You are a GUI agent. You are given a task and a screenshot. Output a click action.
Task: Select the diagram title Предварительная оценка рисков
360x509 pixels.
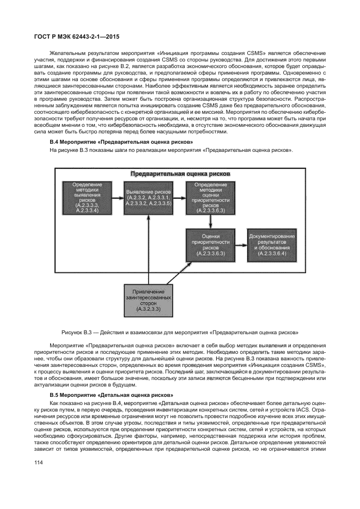click(180, 174)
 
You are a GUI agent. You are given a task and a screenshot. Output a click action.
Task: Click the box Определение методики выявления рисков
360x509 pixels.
click(87, 198)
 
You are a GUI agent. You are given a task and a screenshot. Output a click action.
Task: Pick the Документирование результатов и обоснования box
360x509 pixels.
click(272, 246)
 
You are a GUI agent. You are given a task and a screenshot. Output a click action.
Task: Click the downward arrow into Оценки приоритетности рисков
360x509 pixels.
click(206, 222)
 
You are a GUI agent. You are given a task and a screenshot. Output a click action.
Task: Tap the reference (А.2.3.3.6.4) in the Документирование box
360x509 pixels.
click(272, 254)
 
